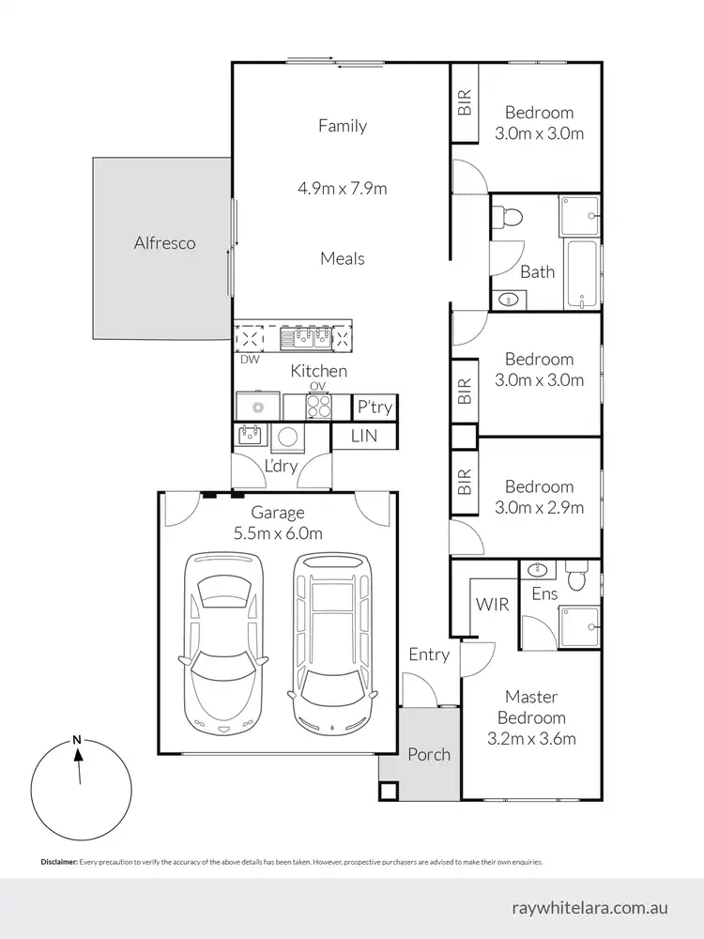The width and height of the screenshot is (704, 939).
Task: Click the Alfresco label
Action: click(x=163, y=243)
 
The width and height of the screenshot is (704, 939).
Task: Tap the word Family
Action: click(x=342, y=126)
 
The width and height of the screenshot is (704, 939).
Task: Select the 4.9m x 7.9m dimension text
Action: click(x=342, y=189)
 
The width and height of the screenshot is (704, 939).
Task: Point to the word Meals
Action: click(x=342, y=258)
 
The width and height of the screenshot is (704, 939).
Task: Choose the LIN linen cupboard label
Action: click(x=364, y=436)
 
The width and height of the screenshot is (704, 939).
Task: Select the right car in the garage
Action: click(x=331, y=643)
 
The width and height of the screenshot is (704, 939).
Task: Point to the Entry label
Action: click(x=428, y=654)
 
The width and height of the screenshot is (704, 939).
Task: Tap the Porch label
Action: click(x=428, y=754)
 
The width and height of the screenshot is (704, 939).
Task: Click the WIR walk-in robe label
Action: click(x=493, y=605)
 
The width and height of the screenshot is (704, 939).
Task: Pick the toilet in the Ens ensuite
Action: click(x=577, y=575)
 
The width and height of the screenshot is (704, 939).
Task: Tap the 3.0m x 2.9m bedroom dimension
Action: click(x=539, y=508)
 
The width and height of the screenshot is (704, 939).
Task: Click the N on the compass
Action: click(x=77, y=740)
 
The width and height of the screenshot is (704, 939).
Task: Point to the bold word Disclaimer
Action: click(x=58, y=861)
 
